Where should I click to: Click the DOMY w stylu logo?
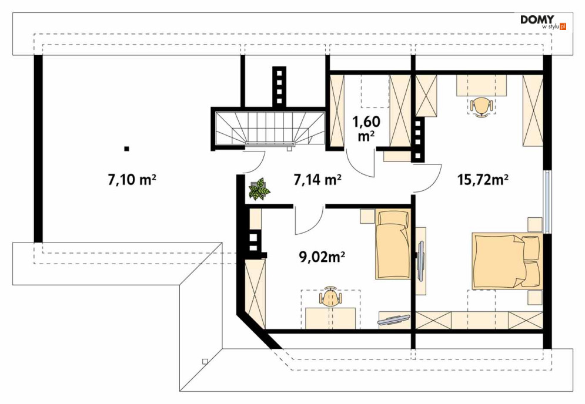coord(543,22)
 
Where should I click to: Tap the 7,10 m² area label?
coord(132,180)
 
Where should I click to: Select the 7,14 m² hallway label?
coord(317,180)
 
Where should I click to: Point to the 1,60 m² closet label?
coord(366,129)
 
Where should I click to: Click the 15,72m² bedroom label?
coord(483,180)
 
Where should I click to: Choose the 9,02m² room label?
coord(322,257)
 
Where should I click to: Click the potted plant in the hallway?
coord(259,189)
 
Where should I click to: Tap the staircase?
coord(269,127)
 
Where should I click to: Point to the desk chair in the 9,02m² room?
coord(330,297)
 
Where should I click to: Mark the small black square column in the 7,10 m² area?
coord(127,149)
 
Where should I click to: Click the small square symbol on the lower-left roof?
coord(205,361)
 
